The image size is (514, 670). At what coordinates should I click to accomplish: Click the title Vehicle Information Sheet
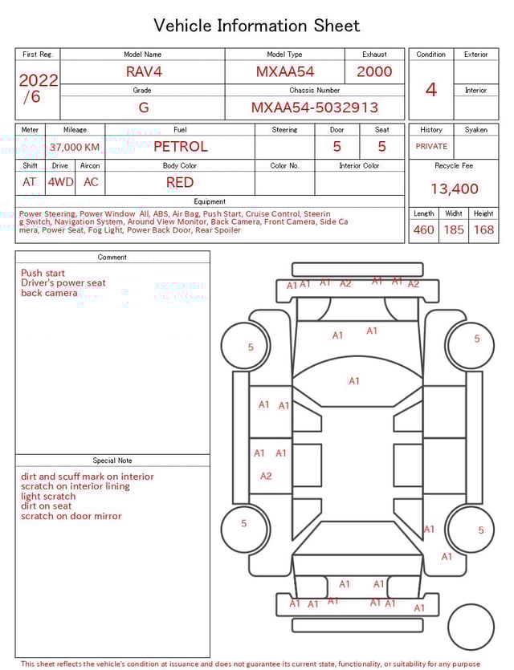[x=257, y=26]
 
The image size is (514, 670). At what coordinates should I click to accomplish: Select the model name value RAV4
[x=144, y=71]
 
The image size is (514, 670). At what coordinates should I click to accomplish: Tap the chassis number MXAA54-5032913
[x=315, y=108]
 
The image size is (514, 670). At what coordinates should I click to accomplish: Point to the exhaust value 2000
[x=374, y=71]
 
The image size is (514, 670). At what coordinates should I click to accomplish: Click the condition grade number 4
[x=431, y=90]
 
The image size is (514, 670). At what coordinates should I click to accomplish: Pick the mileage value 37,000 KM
[x=75, y=148]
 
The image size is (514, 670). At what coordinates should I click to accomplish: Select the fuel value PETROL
[x=180, y=147]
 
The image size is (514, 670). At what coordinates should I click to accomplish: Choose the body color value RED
[x=180, y=182]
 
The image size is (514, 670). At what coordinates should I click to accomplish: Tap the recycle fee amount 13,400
[x=455, y=189]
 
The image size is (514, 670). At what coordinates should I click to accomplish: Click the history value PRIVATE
[x=431, y=147]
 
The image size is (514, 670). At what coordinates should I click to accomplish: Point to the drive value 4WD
[x=60, y=182]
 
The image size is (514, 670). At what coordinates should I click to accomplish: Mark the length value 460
[x=423, y=230]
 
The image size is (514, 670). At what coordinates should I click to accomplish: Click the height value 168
[x=483, y=230]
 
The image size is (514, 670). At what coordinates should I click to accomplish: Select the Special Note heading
[x=112, y=461]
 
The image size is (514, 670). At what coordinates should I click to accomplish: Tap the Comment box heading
[x=112, y=258]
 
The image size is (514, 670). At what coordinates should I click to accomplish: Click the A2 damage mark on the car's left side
[x=266, y=476]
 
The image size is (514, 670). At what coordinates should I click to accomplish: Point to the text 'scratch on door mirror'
[x=71, y=516]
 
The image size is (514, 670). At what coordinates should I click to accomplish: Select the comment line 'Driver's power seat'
[x=63, y=283]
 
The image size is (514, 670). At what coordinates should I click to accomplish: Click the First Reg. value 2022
[x=38, y=81]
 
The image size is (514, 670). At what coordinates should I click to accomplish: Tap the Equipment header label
[x=210, y=201]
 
